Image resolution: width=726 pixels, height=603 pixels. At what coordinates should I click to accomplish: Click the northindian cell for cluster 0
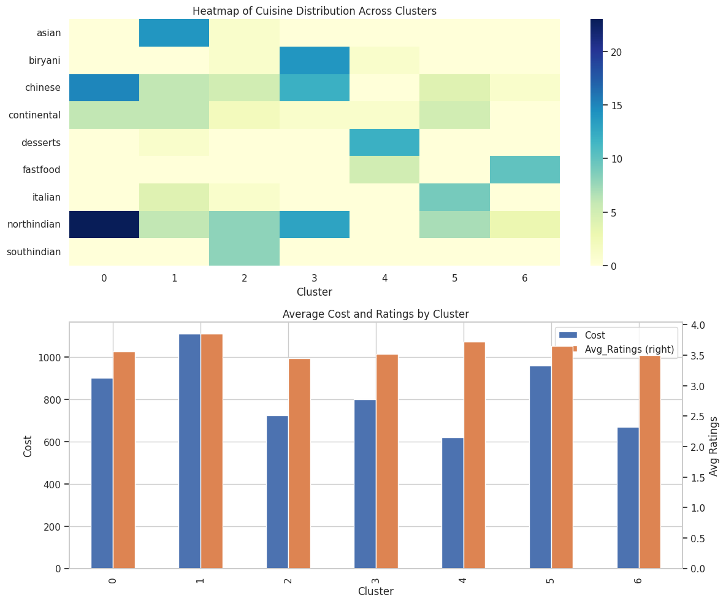(104, 225)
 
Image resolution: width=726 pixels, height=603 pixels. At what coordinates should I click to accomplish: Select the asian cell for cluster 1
(174, 33)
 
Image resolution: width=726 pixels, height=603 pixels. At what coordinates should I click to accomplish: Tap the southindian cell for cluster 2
(244, 252)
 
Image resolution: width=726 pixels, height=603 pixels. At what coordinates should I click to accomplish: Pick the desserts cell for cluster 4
(384, 142)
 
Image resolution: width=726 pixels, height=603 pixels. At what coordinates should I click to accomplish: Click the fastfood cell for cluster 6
(524, 170)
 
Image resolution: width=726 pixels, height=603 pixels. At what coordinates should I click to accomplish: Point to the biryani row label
(45, 60)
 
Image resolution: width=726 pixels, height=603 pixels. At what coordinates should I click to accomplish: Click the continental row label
(35, 115)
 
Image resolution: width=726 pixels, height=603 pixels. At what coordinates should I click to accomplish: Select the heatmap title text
(315, 11)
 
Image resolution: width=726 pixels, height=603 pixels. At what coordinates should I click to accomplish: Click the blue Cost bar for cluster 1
(189, 451)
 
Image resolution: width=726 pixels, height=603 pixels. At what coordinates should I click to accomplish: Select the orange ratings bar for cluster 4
(475, 455)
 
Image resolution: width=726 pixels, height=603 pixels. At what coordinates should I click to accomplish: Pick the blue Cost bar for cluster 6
(628, 498)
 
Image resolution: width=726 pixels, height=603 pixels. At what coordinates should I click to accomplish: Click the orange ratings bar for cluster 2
(299, 464)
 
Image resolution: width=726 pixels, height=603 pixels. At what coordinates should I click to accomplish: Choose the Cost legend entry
(594, 335)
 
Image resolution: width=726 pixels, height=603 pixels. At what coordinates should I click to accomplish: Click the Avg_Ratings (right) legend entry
(629, 350)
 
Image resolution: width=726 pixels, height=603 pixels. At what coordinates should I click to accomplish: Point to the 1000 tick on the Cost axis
(53, 358)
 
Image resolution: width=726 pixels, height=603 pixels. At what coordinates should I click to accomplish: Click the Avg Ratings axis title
(714, 446)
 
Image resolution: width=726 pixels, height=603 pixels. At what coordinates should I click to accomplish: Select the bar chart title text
(375, 314)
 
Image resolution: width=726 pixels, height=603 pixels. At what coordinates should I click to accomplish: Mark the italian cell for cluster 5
(454, 197)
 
